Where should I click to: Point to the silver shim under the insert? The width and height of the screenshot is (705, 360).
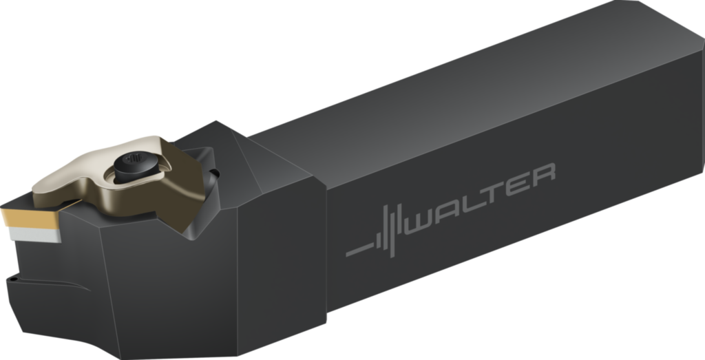click(x=34, y=234)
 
